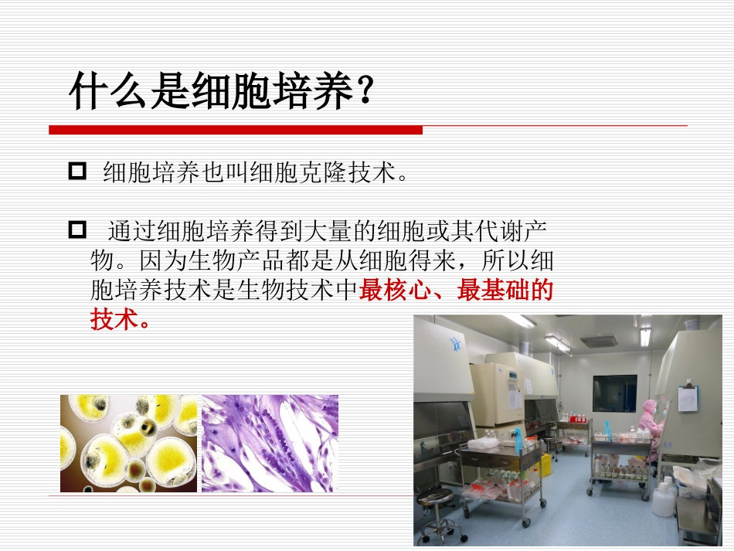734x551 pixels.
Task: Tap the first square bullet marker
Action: click(x=78, y=172)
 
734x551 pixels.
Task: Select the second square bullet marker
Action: click(x=78, y=230)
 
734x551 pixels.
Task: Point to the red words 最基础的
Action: click(x=506, y=291)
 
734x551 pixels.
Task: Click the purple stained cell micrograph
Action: click(x=270, y=444)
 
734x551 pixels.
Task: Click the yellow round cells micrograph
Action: click(x=129, y=444)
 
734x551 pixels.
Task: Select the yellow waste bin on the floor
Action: click(x=545, y=464)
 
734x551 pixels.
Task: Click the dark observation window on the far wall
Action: click(x=614, y=393)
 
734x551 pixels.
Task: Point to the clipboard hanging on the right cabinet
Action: click(x=687, y=399)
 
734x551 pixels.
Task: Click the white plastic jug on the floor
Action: click(x=663, y=498)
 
